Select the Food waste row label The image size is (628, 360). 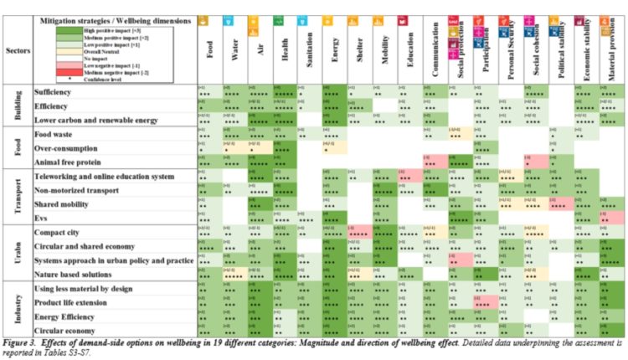click(55, 133)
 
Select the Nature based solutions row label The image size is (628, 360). click(76, 273)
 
